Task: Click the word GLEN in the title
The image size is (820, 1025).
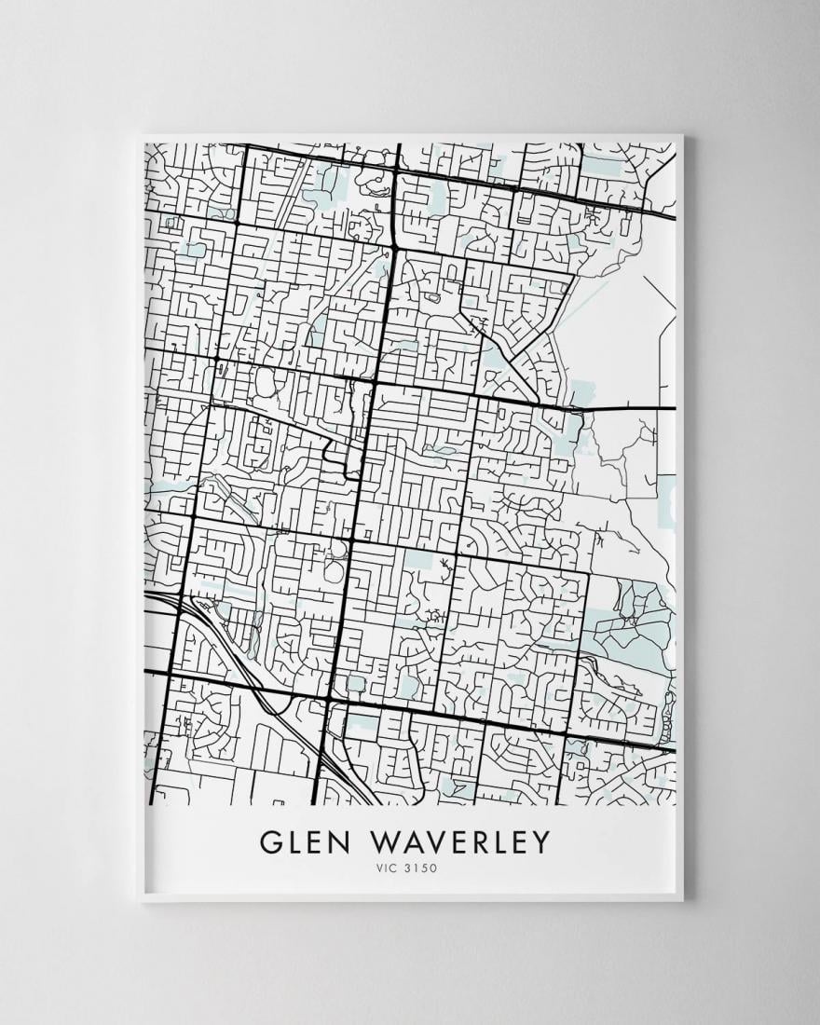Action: (x=304, y=841)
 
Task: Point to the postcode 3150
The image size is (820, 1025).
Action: (x=421, y=869)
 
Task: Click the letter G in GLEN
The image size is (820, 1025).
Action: (x=271, y=841)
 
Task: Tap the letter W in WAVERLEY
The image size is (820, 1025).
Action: (x=387, y=841)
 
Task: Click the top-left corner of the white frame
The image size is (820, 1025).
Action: (x=139, y=137)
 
